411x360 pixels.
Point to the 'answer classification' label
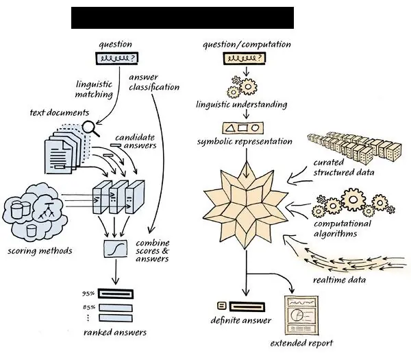[x=153, y=82]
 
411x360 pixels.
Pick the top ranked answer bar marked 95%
[x=116, y=293]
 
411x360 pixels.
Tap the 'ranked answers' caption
[x=114, y=333]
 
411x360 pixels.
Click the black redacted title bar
[x=182, y=18]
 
